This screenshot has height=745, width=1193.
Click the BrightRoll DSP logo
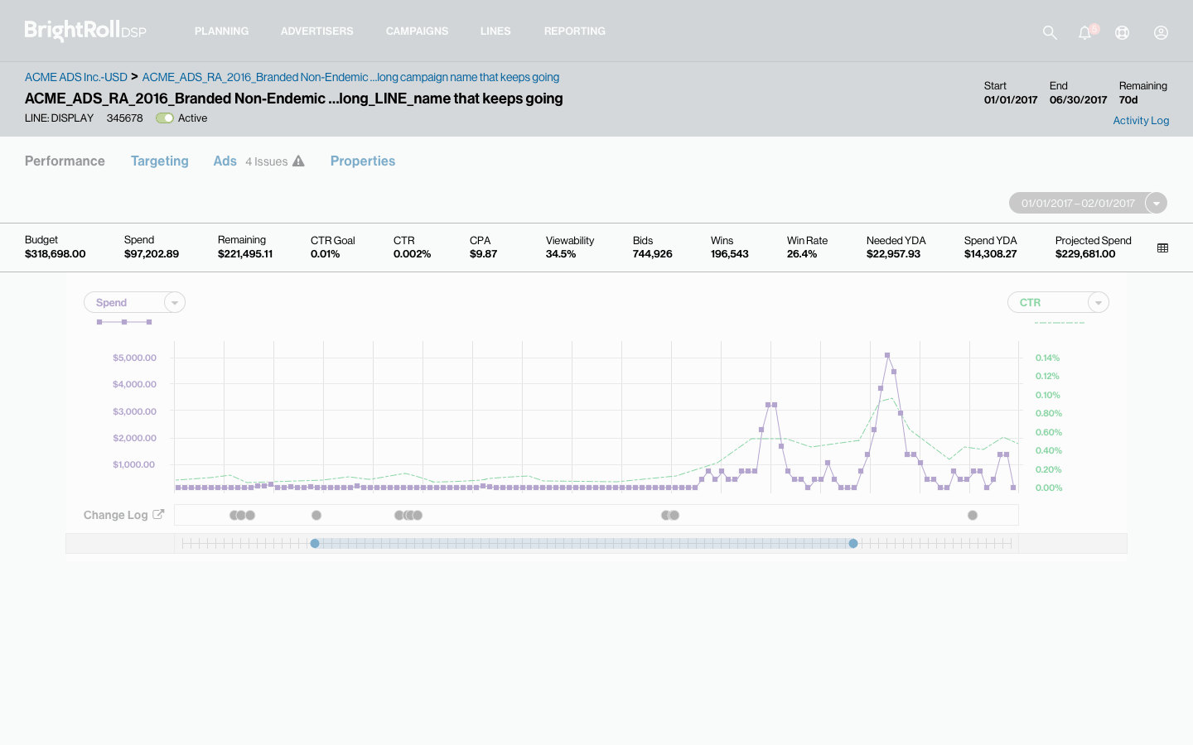85,31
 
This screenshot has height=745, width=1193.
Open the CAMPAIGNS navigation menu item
417,31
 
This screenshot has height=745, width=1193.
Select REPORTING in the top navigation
574,31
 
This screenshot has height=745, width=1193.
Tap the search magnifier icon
1050,32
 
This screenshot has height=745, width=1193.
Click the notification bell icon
1084,32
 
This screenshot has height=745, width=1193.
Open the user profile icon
1161,32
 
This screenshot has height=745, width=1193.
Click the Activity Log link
1141,121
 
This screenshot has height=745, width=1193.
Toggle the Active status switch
165,118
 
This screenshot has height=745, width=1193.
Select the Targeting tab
160,161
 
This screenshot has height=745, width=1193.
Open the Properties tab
363,161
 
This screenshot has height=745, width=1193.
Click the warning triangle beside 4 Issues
298,161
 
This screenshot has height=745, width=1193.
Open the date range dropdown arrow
1156,203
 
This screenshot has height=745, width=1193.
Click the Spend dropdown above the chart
134,303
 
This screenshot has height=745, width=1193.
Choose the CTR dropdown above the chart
1058,303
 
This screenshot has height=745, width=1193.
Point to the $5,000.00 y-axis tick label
134,358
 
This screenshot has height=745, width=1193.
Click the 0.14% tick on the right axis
1047,358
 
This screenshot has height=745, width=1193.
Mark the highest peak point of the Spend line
887,355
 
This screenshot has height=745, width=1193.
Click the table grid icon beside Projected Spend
1162,248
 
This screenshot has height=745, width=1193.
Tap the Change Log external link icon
158,514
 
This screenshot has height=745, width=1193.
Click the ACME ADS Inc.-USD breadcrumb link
76,77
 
